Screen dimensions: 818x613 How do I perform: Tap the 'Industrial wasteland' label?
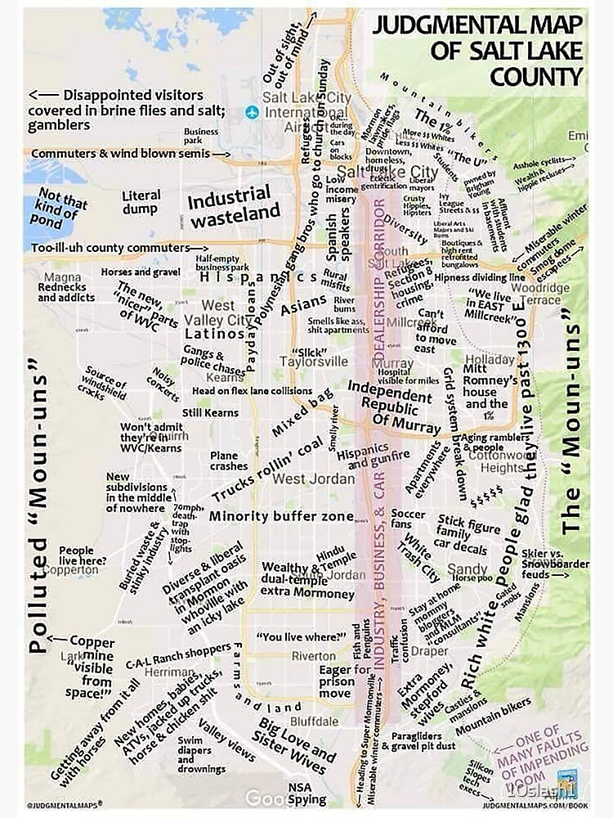click(x=229, y=206)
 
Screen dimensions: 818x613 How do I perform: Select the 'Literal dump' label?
click(x=141, y=202)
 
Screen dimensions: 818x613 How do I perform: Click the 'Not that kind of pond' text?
click(x=62, y=209)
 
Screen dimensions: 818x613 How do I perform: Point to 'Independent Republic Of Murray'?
click(x=390, y=403)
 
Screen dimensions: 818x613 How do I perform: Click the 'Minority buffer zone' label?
click(x=281, y=516)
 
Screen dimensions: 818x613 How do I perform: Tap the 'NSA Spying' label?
click(x=307, y=793)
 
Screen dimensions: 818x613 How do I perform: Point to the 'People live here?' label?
click(x=76, y=557)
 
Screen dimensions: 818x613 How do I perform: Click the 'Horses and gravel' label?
click(x=141, y=272)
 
